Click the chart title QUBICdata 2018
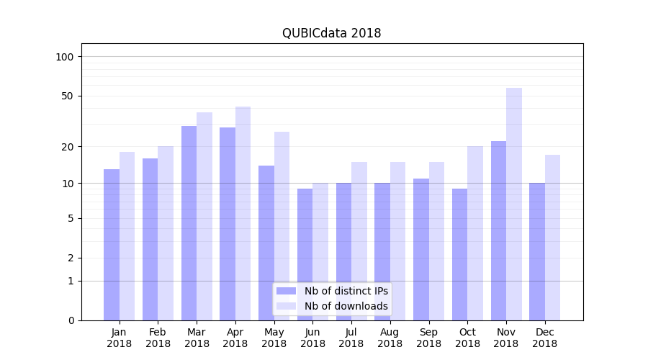pyautogui.click(x=331, y=33)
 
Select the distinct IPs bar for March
pyautogui.click(x=189, y=223)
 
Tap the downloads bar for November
pyautogui.click(x=514, y=204)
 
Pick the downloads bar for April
pyautogui.click(x=243, y=213)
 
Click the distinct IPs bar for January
pyautogui.click(x=112, y=245)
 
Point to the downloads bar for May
pyautogui.click(x=282, y=225)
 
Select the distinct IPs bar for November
pyautogui.click(x=498, y=230)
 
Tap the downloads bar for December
pyautogui.click(x=552, y=238)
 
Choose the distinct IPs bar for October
pyautogui.click(x=459, y=254)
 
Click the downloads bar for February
pyautogui.click(x=166, y=233)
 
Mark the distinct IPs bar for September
pyautogui.click(x=421, y=249)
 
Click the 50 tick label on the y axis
pyautogui.click(x=68, y=96)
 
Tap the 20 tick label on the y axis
pyautogui.click(x=68, y=147)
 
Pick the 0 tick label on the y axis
pyautogui.click(x=71, y=320)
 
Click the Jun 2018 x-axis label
pyautogui.click(x=312, y=338)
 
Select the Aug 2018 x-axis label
pyautogui.click(x=390, y=338)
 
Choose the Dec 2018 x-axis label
pyautogui.click(x=544, y=338)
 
